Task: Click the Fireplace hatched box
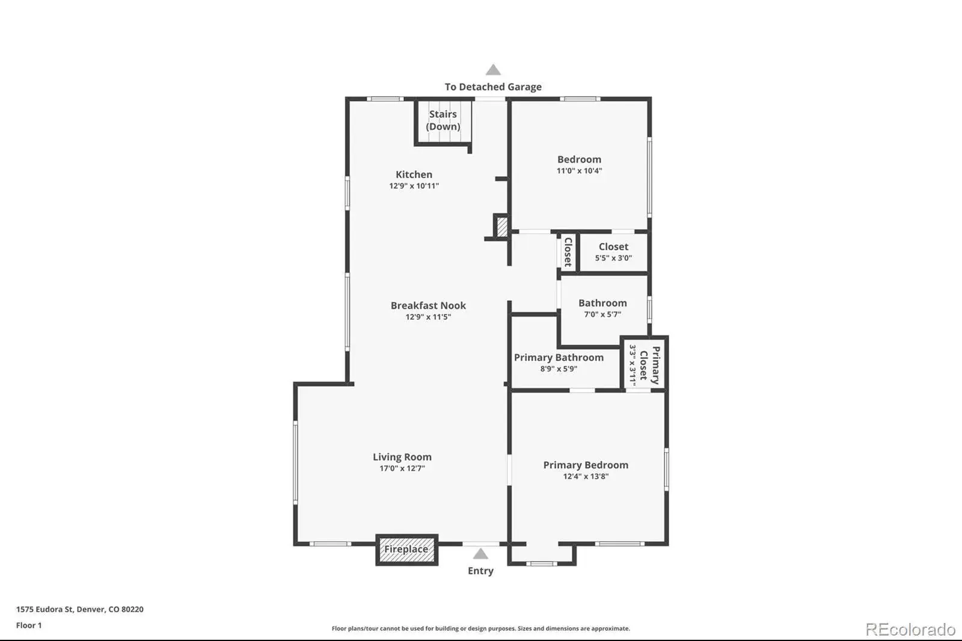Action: (406, 550)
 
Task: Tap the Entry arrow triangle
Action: (480, 554)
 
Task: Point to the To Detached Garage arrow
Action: (493, 70)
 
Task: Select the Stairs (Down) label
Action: (443, 120)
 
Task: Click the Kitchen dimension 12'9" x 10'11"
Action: (414, 186)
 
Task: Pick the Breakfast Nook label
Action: (428, 305)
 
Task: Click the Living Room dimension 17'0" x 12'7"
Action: (402, 468)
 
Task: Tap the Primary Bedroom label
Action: (586, 465)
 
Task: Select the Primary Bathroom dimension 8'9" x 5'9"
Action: (559, 369)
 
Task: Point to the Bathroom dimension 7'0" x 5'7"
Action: (602, 314)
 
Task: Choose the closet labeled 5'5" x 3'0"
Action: (613, 253)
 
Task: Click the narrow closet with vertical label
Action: (568, 252)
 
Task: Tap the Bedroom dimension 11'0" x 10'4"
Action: (580, 171)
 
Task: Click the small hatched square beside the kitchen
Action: (502, 227)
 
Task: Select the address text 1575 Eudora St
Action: (44, 609)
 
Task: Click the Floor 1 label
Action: (29, 625)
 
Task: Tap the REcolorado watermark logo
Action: (910, 630)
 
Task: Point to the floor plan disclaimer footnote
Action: (480, 628)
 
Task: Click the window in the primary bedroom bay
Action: (542, 563)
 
